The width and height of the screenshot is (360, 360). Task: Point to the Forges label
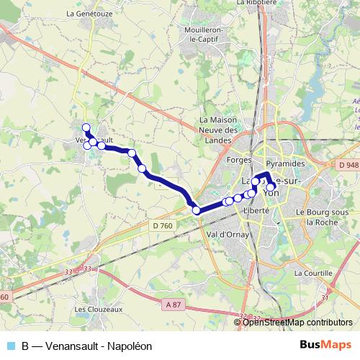(x=238, y=158)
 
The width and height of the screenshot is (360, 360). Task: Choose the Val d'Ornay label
(x=225, y=235)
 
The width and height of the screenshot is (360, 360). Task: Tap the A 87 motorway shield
(x=174, y=305)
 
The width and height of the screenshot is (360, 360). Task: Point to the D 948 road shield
(x=347, y=165)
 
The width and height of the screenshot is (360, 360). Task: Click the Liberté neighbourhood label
(x=256, y=209)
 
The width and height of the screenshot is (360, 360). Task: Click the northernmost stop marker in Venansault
(x=86, y=128)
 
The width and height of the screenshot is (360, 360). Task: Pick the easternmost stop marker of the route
(x=271, y=187)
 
